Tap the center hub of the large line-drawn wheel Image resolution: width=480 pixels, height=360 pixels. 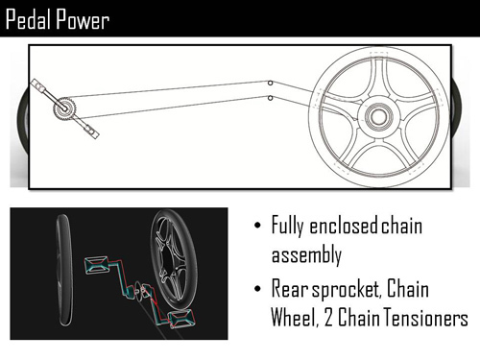pyautogui.click(x=374, y=116)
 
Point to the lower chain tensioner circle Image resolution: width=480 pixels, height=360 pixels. pyautogui.click(x=271, y=97)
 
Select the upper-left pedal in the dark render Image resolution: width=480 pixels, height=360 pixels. pyautogui.click(x=98, y=262)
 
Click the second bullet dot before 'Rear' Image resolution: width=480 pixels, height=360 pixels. pyautogui.click(x=256, y=289)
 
